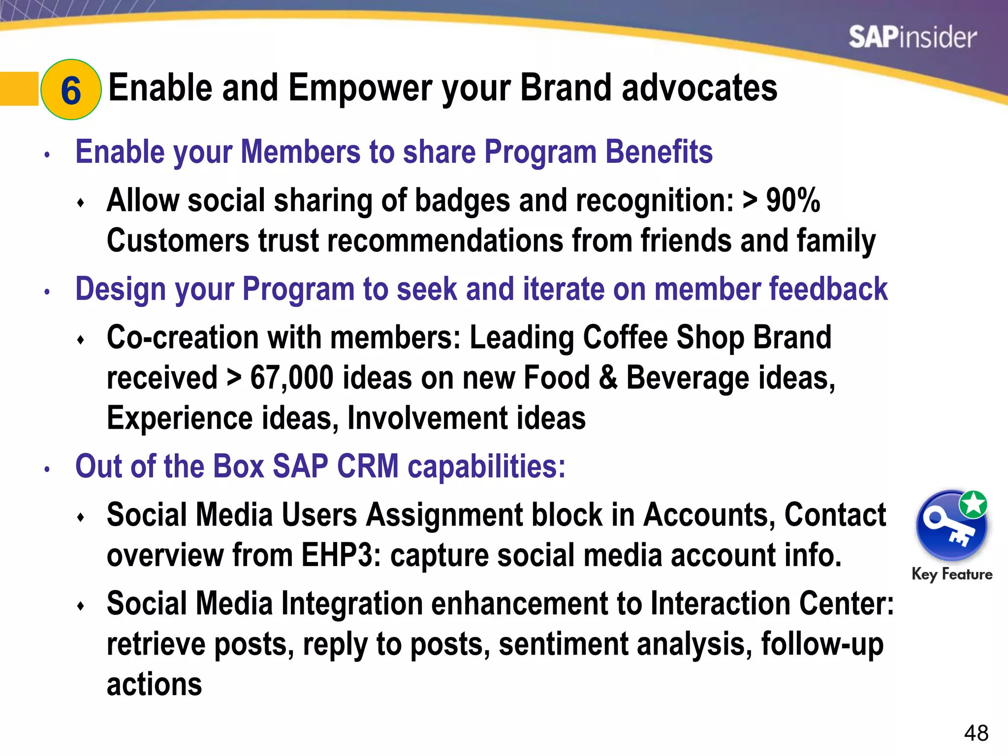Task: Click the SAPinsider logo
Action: (x=912, y=37)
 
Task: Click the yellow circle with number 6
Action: (x=71, y=90)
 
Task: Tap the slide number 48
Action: (x=976, y=733)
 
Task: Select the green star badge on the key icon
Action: (x=973, y=504)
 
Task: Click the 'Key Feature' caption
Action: (x=952, y=574)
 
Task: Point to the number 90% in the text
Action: (x=793, y=200)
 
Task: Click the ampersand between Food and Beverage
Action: (x=608, y=378)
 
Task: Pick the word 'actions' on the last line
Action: (x=155, y=685)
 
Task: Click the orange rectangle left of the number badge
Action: (x=19, y=89)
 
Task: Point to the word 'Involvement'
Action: (x=427, y=418)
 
